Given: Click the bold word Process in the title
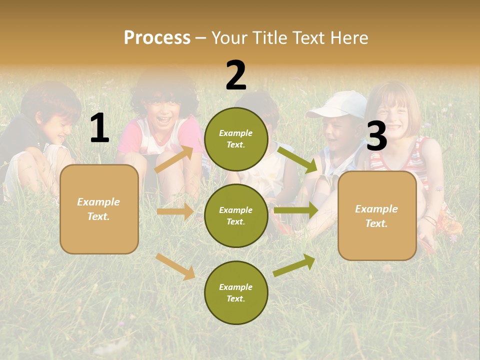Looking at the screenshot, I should (157, 38).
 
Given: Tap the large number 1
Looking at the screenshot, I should (99, 128).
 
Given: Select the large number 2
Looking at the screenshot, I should (236, 75).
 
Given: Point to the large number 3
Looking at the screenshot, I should (377, 136).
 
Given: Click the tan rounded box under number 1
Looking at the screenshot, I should (99, 209).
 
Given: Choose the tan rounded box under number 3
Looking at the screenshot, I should (377, 215).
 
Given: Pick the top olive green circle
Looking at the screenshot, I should (236, 139).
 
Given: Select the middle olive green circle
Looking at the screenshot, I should (236, 215).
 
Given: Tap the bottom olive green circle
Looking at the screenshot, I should (236, 292).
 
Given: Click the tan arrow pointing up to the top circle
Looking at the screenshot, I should (174, 159).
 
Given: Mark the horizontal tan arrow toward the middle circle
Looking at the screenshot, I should (175, 211).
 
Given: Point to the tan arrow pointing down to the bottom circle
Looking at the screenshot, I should (175, 266).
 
